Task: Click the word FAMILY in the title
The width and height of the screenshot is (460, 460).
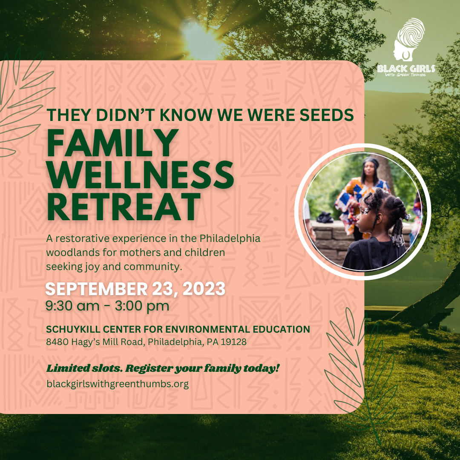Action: [112, 143]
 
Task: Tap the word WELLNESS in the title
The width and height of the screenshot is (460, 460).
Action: [140, 175]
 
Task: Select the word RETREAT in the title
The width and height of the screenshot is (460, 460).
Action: [124, 207]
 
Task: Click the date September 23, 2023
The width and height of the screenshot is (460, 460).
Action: [135, 289]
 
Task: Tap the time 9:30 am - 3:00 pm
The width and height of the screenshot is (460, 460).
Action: [107, 306]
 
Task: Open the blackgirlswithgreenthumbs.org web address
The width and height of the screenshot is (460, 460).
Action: [118, 384]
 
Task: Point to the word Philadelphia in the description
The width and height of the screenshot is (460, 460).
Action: [230, 238]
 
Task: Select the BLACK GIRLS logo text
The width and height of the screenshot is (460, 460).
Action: [406, 69]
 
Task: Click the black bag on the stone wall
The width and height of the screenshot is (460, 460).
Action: [325, 217]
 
